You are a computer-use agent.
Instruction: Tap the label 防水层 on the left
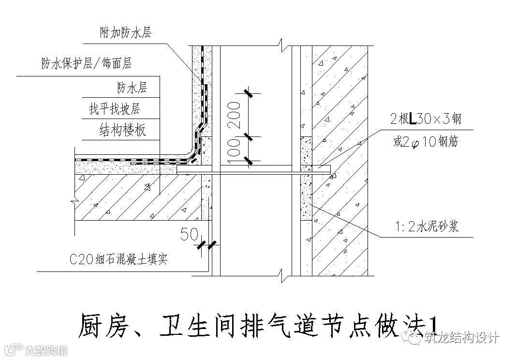point(132,87)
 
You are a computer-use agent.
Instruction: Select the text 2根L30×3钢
point(426,120)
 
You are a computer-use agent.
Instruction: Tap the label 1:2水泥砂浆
point(425,226)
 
